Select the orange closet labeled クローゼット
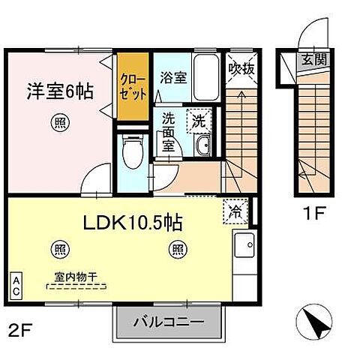click(133, 87)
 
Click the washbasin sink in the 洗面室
click(202, 145)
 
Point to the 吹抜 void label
click(240, 68)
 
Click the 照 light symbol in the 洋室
click(58, 123)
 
